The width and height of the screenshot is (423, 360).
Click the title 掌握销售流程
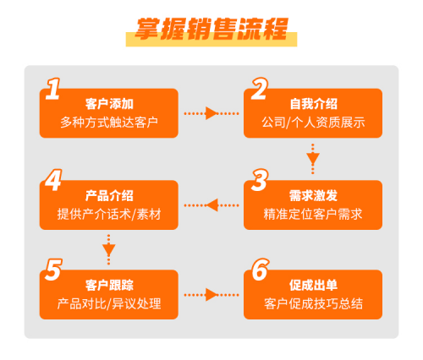click(211, 29)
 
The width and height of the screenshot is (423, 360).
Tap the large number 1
click(53, 89)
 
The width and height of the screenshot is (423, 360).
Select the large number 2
click(260, 89)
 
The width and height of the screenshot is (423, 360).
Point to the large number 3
click(260, 180)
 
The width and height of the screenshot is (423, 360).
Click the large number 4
click(53, 180)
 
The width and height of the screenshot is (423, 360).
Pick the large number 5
click(53, 270)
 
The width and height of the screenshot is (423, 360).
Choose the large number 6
click(260, 270)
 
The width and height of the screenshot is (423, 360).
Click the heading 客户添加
click(109, 104)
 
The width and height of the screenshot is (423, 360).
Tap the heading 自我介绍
click(313, 104)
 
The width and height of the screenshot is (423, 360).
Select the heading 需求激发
click(313, 196)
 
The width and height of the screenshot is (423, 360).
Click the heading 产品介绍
click(109, 196)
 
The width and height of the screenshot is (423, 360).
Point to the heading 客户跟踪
click(109, 286)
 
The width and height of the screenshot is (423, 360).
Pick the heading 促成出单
click(313, 286)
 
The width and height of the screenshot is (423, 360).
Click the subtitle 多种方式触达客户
click(109, 123)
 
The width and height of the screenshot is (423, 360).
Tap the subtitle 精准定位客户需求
click(313, 214)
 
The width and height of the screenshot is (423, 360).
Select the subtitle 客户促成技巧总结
click(313, 303)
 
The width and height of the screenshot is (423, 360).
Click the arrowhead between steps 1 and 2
click(211, 113)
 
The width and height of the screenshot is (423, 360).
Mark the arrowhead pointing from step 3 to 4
click(212, 205)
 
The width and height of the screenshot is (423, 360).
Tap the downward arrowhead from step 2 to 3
click(313, 159)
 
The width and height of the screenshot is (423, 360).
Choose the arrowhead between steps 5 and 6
click(211, 295)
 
